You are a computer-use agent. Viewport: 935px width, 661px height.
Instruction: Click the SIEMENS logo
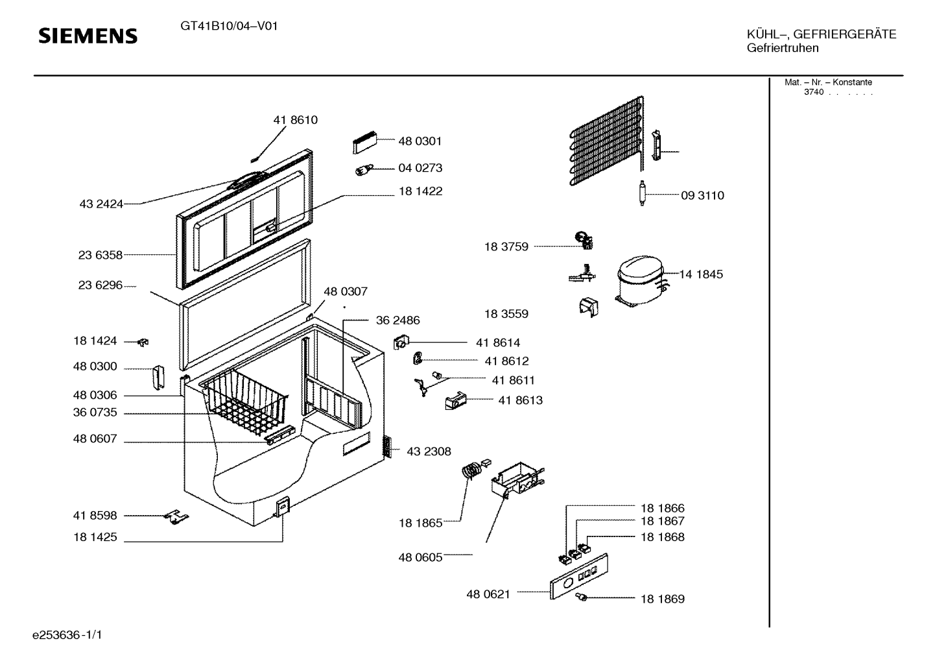(88, 36)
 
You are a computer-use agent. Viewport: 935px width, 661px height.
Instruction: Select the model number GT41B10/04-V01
(229, 27)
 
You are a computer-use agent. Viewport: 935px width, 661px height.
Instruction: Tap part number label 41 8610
(295, 120)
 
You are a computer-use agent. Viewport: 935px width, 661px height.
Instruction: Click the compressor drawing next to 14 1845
(638, 280)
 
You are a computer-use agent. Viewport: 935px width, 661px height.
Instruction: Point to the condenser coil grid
(607, 139)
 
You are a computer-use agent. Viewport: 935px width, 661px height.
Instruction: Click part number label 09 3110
(702, 196)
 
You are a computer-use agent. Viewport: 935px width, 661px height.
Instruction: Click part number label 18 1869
(662, 599)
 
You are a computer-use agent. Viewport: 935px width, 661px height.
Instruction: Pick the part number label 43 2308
(429, 451)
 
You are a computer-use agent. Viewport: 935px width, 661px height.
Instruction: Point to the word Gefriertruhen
(782, 49)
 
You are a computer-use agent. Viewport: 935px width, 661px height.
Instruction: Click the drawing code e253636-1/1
(67, 635)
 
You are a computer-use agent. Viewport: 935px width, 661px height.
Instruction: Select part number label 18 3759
(506, 246)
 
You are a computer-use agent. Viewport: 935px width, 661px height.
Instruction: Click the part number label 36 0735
(95, 413)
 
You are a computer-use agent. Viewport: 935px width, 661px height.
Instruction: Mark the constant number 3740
(813, 92)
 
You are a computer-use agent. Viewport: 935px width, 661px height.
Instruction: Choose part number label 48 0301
(420, 141)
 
